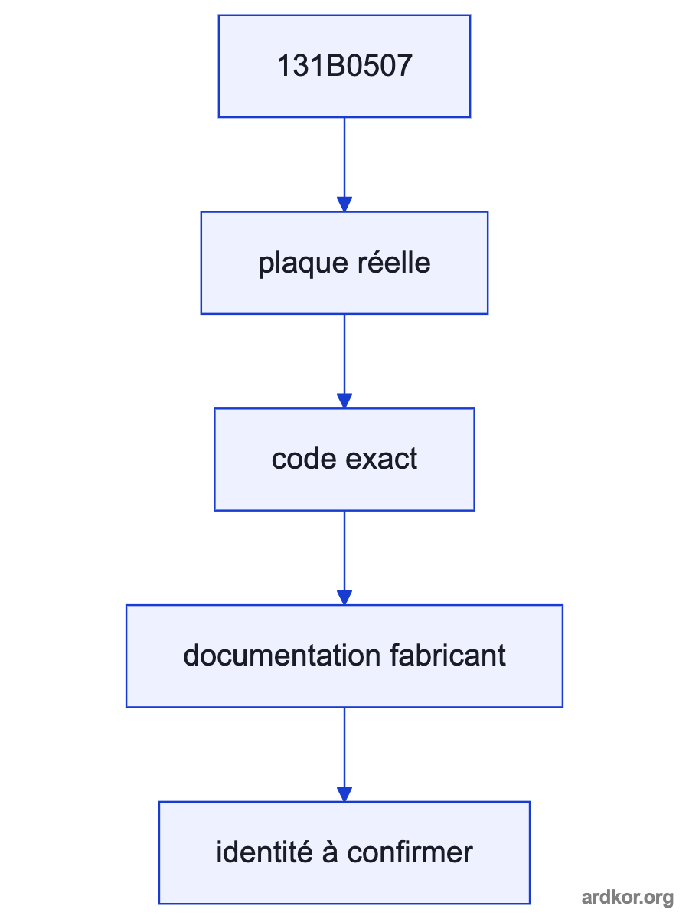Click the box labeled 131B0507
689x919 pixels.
pyautogui.click(x=344, y=66)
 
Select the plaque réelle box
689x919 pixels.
pyautogui.click(x=344, y=263)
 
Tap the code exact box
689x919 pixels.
pyautogui.click(x=344, y=459)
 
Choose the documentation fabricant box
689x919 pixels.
pyautogui.click(x=344, y=656)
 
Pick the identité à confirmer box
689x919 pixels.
pyautogui.click(x=344, y=853)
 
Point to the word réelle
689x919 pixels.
pyautogui.click(x=394, y=262)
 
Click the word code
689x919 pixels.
pyautogui.click(x=304, y=459)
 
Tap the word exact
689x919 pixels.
pyautogui.click(x=381, y=459)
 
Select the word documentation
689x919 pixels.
pyautogui.click(x=282, y=656)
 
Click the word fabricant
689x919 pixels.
pyautogui.click(x=448, y=656)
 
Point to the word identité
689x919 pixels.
pyautogui.click(x=264, y=852)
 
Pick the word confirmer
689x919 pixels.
pyautogui.click(x=410, y=852)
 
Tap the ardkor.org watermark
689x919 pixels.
pyautogui.click(x=628, y=898)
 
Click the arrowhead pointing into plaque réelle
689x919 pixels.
pyautogui.click(x=344, y=204)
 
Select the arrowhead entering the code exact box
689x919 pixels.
pyautogui.click(x=344, y=401)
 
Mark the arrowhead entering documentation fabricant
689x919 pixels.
pyautogui.click(x=344, y=597)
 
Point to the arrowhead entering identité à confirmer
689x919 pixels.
pyautogui.click(x=344, y=794)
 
